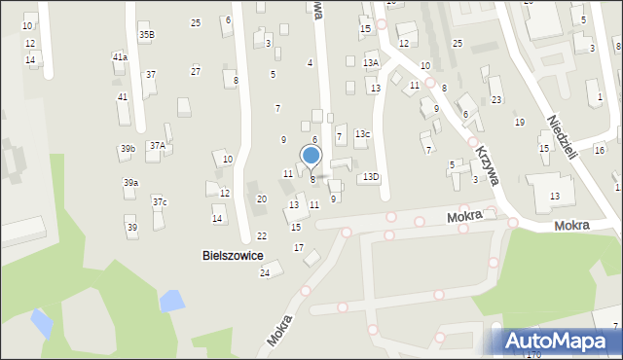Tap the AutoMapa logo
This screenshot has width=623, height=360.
click(560, 342)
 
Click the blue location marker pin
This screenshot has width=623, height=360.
click(311, 156)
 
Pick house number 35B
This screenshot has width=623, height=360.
click(146, 35)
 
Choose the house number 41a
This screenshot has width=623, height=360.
click(120, 57)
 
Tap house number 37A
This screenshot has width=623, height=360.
click(156, 146)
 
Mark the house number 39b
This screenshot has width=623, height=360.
click(128, 149)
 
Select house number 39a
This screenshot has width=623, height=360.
click(129, 183)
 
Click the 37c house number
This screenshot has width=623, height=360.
click(160, 202)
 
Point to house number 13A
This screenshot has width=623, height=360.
click(371, 62)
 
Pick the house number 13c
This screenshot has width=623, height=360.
click(362, 133)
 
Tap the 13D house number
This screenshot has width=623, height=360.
click(371, 177)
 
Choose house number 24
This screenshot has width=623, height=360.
click(264, 273)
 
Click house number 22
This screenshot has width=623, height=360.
click(261, 236)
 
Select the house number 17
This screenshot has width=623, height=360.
click(299, 248)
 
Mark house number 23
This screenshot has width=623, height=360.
click(495, 100)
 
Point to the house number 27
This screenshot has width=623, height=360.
click(196, 71)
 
